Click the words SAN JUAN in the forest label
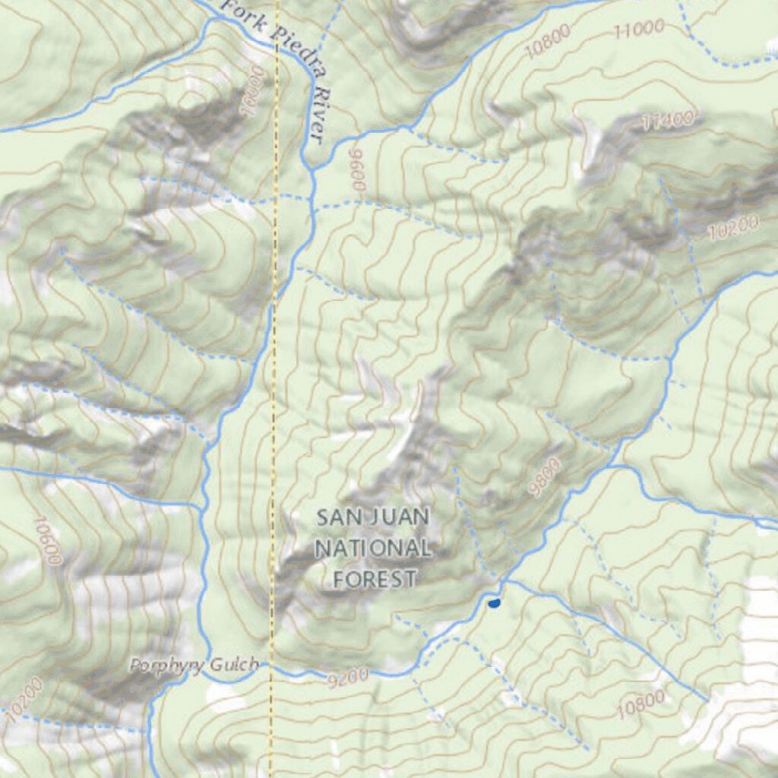tap(373, 517)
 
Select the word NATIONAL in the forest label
tap(373, 548)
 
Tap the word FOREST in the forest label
tap(375, 579)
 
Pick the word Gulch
tap(233, 666)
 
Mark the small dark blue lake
tap(494, 603)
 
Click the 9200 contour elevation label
tap(349, 675)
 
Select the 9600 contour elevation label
tap(358, 169)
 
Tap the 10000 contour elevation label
tap(254, 90)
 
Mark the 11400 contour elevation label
tap(667, 120)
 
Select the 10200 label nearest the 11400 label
tap(732, 227)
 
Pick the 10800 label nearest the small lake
tap(640, 704)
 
